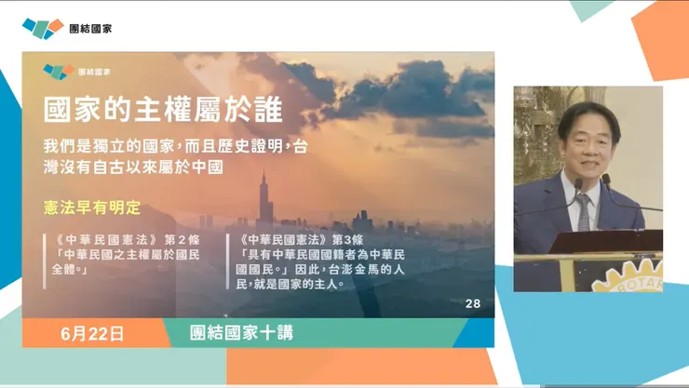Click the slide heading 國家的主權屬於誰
tap(162, 109)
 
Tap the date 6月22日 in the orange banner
tap(91, 332)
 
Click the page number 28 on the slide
tap(472, 303)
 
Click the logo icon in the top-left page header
tap(43, 28)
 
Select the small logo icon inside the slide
tap(58, 71)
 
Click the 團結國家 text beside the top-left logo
tap(92, 28)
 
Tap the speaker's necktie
tap(583, 210)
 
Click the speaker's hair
tap(588, 114)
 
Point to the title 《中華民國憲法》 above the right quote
tap(285, 236)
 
